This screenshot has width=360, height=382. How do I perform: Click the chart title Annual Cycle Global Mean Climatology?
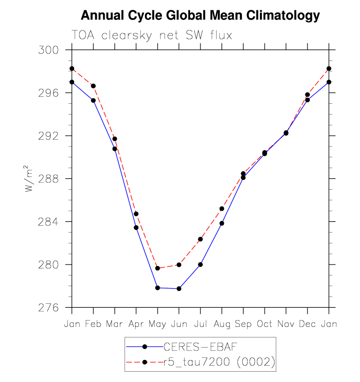pyautogui.click(x=200, y=16)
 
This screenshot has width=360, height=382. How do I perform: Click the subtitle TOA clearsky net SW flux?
pyautogui.click(x=152, y=35)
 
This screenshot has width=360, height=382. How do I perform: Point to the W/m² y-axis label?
pyautogui.click(x=29, y=178)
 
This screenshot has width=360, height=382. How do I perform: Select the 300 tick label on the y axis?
pyautogui.click(x=48, y=50)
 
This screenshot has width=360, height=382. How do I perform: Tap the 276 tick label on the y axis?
pyautogui.click(x=48, y=308)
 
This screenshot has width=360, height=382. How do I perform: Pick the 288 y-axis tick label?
pyautogui.click(x=48, y=179)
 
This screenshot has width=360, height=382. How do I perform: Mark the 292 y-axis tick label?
pyautogui.click(x=48, y=136)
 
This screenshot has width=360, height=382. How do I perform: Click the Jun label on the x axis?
pyautogui.click(x=179, y=324)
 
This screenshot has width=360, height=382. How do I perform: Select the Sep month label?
pyautogui.click(x=243, y=324)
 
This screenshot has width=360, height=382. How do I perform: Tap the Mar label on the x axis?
pyautogui.click(x=114, y=324)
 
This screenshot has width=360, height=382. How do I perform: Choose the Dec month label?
pyautogui.click(x=307, y=324)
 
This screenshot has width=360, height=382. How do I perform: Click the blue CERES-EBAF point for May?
pyautogui.click(x=158, y=288)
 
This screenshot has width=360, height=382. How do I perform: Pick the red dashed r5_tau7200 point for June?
pyautogui.click(x=179, y=264)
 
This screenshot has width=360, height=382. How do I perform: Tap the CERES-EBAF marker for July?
pyautogui.click(x=200, y=264)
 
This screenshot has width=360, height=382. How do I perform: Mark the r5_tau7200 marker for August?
pyautogui.click(x=222, y=208)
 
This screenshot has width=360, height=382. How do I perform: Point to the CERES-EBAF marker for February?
pyautogui.click(x=93, y=100)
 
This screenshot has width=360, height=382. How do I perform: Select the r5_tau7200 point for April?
pyautogui.click(x=136, y=214)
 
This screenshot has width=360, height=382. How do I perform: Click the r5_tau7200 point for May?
pyautogui.click(x=158, y=268)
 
